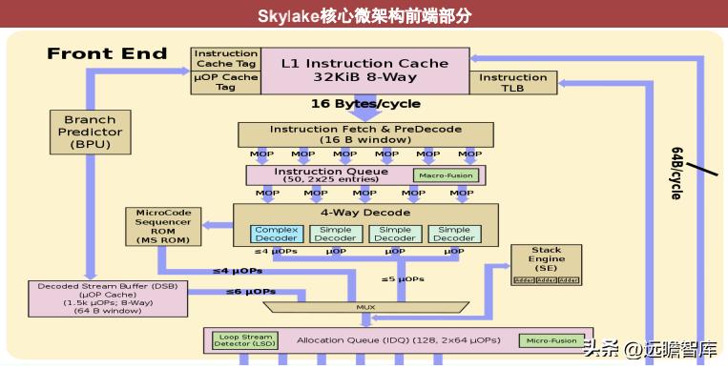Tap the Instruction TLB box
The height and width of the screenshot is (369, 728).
tap(512, 83)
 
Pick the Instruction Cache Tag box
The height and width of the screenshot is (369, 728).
tap(226, 57)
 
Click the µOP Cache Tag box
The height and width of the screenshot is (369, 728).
tap(226, 82)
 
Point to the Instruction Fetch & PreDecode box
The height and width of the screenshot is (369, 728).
tap(364, 134)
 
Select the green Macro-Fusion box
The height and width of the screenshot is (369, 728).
tap(446, 175)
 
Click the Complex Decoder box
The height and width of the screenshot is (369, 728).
tap(276, 234)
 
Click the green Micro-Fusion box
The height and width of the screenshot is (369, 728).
tap(551, 340)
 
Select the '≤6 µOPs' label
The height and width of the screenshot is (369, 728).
tap(251, 291)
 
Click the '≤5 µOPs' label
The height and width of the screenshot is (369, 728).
tap(403, 279)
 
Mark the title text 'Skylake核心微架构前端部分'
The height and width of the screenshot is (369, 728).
tap(364, 16)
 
